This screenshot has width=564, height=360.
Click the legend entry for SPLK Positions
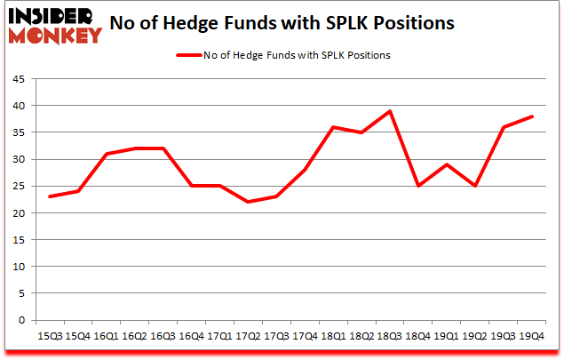[283, 55]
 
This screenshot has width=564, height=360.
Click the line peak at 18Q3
[389, 111]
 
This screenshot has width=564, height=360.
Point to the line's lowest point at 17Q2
[247, 202]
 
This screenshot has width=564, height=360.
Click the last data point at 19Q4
[531, 116]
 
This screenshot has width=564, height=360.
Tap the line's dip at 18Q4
[417, 186]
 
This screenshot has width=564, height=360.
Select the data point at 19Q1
[446, 164]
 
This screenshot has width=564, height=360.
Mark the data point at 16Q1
[105, 154]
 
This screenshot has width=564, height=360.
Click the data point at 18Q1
[332, 127]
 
